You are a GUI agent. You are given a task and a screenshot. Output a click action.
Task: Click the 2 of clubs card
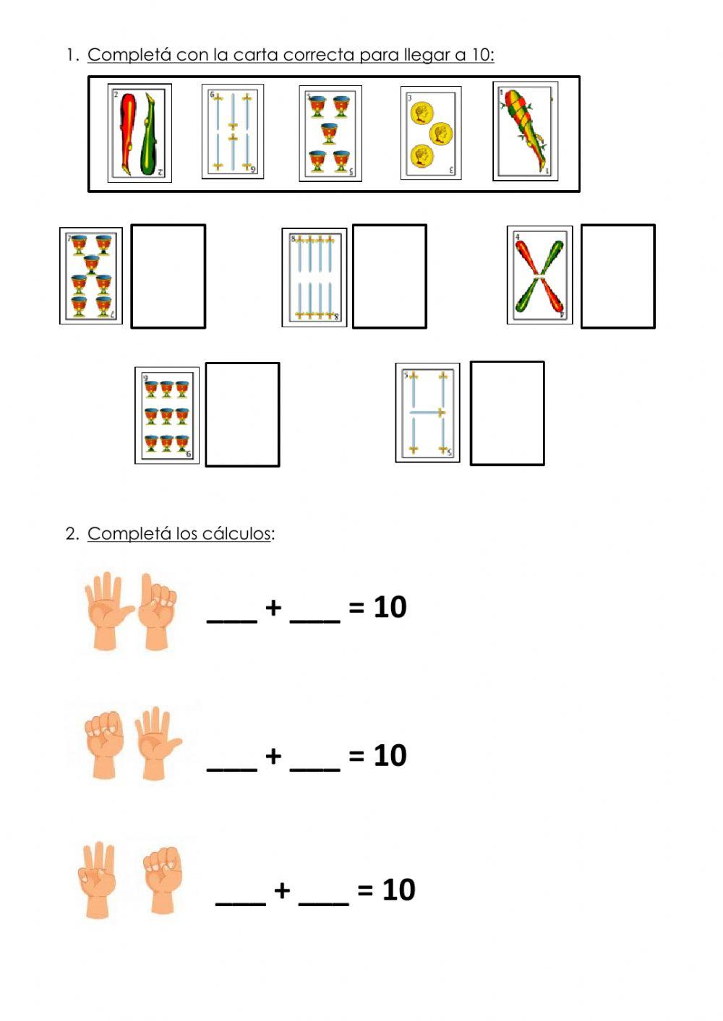point(140,133)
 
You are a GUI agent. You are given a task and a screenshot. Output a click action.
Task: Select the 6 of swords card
point(233,132)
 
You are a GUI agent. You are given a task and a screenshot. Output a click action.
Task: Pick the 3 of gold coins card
point(431,133)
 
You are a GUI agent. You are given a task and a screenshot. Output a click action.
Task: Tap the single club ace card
point(526,132)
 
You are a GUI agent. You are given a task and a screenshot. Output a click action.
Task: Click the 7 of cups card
point(91,276)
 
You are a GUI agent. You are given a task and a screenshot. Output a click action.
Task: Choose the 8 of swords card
point(315,277)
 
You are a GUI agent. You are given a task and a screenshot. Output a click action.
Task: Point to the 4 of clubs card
point(539,275)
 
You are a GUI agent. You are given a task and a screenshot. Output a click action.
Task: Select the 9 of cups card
point(167,415)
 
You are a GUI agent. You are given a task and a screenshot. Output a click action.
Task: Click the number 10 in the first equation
point(390,607)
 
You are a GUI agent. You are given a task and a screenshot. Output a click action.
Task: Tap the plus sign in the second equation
point(273,756)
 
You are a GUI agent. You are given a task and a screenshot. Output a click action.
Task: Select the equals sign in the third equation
point(365,889)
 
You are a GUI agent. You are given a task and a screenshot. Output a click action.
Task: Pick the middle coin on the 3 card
point(440,133)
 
